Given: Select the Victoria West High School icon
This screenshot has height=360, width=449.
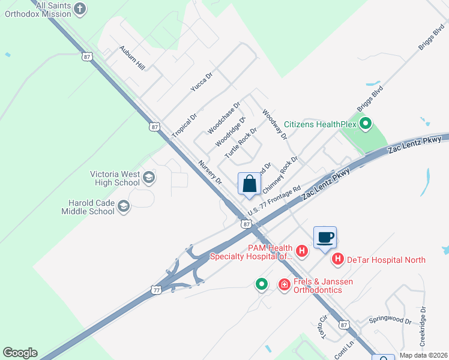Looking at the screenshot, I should pos(148,178).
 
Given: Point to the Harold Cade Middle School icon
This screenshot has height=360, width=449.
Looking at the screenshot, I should pos(123,207).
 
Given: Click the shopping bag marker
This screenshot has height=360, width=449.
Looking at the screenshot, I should pos(249,184).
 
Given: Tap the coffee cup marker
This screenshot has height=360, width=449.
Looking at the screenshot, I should pos(325,237).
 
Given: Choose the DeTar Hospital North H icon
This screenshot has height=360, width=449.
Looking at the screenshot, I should pos(338,259).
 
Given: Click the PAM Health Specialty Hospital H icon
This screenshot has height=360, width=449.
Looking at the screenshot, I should pos(302,251).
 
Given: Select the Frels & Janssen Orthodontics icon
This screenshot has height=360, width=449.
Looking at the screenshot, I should pos(284,284).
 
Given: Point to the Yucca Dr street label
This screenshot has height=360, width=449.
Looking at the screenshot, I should pos(202,82).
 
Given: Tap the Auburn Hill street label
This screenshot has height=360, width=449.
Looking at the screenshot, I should pos(132,57).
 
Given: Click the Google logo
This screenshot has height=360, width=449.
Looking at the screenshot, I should pos(20,353).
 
